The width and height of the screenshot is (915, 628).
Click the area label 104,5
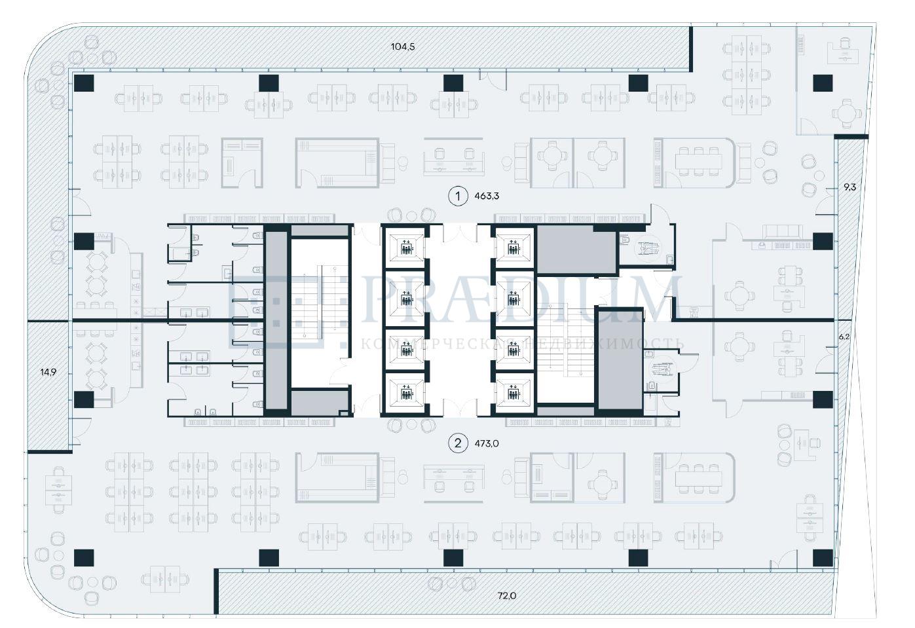coord(403,46)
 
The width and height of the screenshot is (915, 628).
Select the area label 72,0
coord(507,596)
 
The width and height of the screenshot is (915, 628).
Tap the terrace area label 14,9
coord(48,372)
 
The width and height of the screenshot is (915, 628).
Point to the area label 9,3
coord(850,187)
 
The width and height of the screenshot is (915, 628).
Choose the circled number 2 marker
coord(458,443)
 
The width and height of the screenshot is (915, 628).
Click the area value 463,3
coord(487,195)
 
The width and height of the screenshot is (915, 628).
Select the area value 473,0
coord(487,443)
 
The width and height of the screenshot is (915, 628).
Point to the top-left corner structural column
coord(84,83)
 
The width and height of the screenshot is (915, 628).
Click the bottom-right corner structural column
coord(823,557)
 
